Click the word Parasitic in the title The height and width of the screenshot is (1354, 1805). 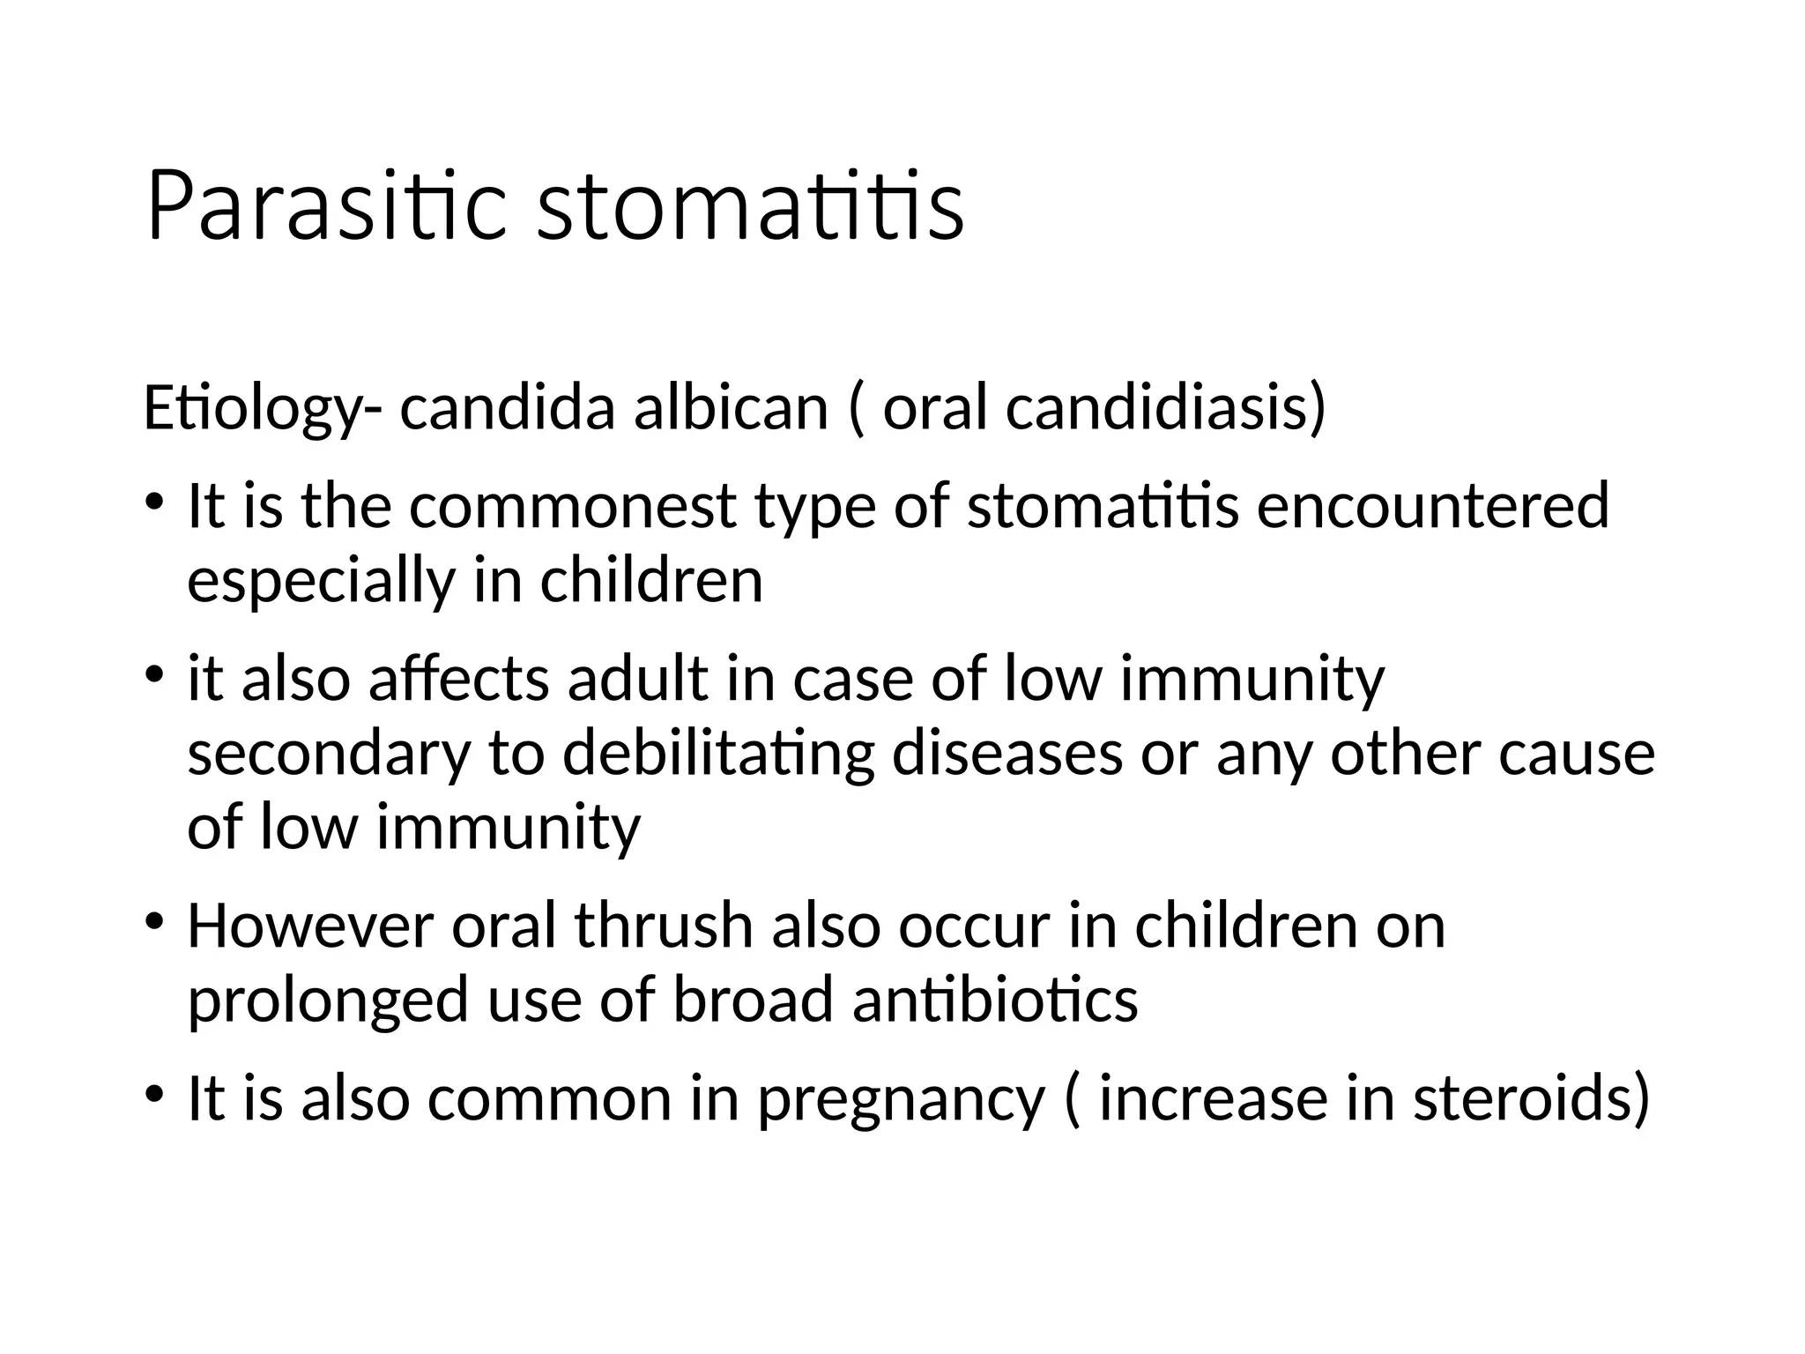pyautogui.click(x=326, y=206)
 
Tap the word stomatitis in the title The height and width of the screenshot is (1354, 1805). pyautogui.click(x=750, y=206)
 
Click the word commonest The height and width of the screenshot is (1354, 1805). pyautogui.click(x=572, y=507)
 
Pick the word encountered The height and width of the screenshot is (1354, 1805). pyautogui.click(x=1432, y=507)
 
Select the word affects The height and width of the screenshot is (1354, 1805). pyautogui.click(x=458, y=680)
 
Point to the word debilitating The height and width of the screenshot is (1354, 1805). pyautogui.click(x=718, y=755)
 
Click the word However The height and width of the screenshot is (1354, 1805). pyautogui.click(x=311, y=926)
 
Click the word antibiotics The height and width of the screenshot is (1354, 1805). pyautogui.click(x=995, y=1001)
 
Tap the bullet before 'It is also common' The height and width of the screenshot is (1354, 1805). pyautogui.click(x=155, y=1096)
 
